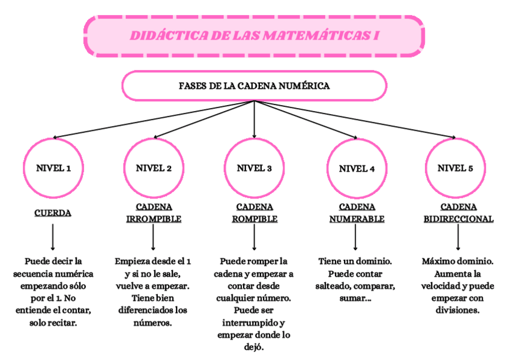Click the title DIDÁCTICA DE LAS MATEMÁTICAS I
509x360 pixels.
click(x=254, y=36)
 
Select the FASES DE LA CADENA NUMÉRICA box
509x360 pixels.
click(x=254, y=86)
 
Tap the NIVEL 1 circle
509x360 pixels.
click(x=53, y=168)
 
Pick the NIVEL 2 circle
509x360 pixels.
click(x=154, y=168)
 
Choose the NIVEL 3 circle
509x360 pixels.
click(x=254, y=168)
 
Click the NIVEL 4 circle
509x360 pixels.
click(x=357, y=169)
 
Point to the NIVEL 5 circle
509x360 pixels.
click(x=455, y=168)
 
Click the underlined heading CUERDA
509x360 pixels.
click(x=53, y=213)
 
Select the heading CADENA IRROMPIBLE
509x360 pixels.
click(x=154, y=213)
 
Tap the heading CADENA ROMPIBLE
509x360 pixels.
click(x=254, y=213)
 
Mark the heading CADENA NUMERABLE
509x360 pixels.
click(x=357, y=213)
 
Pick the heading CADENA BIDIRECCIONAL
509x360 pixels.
click(x=459, y=213)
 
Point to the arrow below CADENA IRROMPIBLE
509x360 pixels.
click(x=154, y=238)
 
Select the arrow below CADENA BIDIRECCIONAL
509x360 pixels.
click(x=459, y=238)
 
